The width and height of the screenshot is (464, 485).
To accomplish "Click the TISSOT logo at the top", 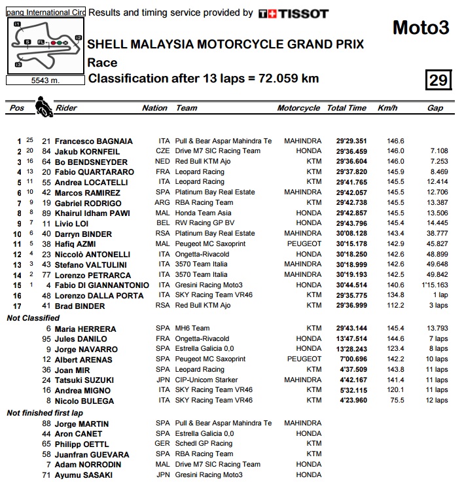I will pos(293,13).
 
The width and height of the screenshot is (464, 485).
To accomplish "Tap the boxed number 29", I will pos(438,80).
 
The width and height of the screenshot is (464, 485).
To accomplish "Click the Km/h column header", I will pos(387,108).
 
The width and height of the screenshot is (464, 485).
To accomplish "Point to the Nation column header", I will pos(154,108).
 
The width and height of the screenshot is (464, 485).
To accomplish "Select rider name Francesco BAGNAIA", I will pos(94,141).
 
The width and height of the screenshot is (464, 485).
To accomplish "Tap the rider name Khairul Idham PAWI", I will pos(93,213).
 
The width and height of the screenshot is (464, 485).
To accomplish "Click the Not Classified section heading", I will pos(32,318).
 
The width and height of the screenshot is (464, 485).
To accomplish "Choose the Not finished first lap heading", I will pos(45,413).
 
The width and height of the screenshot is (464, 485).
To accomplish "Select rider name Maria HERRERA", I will pos(86,329).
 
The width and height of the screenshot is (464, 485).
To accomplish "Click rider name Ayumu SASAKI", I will pos(84,475).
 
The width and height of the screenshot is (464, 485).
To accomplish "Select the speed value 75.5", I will pos(395,401).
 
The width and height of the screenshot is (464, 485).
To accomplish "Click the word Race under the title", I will pos(102,63).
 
